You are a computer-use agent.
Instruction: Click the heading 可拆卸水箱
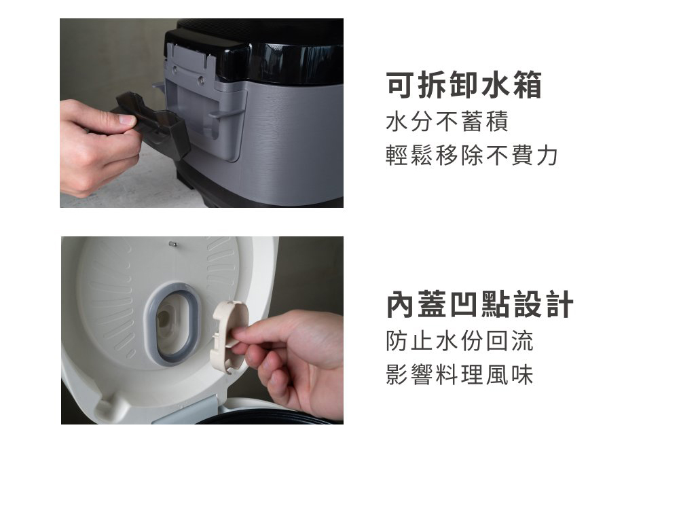click(x=464, y=86)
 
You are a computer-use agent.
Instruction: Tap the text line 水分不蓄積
click(x=447, y=122)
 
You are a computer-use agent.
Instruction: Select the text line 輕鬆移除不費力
click(x=472, y=156)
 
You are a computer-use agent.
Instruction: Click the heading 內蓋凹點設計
click(x=480, y=305)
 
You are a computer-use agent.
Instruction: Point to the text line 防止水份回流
click(x=460, y=341)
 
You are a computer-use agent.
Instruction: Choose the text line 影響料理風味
click(x=460, y=375)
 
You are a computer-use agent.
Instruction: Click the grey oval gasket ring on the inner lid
click(x=172, y=324)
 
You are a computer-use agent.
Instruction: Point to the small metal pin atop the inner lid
click(x=172, y=245)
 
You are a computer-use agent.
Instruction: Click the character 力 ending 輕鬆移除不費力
click(x=547, y=156)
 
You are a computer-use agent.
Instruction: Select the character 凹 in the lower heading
click(x=464, y=305)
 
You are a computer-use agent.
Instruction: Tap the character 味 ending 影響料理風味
click(x=521, y=375)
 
